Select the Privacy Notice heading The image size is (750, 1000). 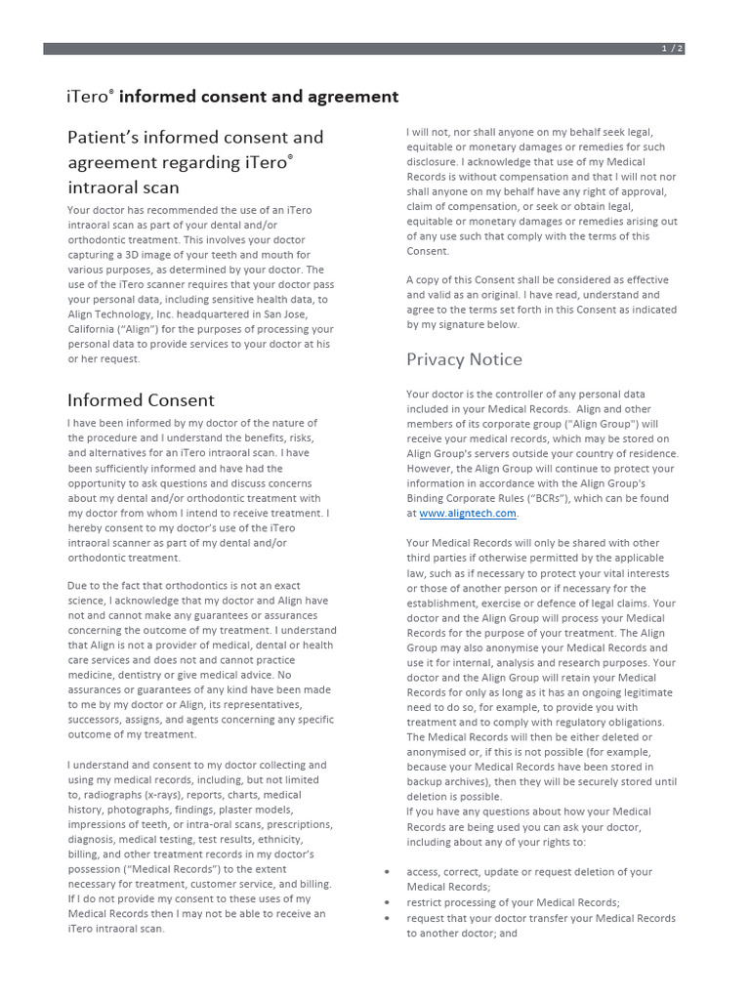pyautogui.click(x=464, y=359)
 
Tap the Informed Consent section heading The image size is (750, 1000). pyautogui.click(x=141, y=400)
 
